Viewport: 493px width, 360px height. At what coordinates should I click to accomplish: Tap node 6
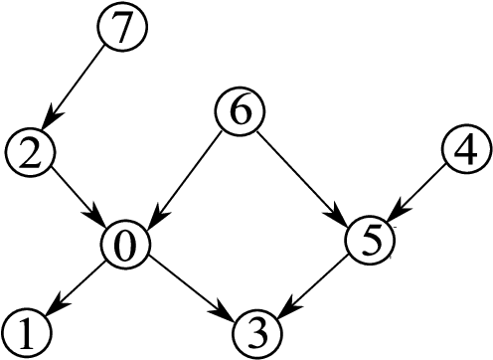click(240, 112)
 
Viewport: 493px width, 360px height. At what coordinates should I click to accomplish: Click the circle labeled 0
click(126, 242)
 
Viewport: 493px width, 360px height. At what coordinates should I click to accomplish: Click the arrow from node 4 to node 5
click(416, 196)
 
